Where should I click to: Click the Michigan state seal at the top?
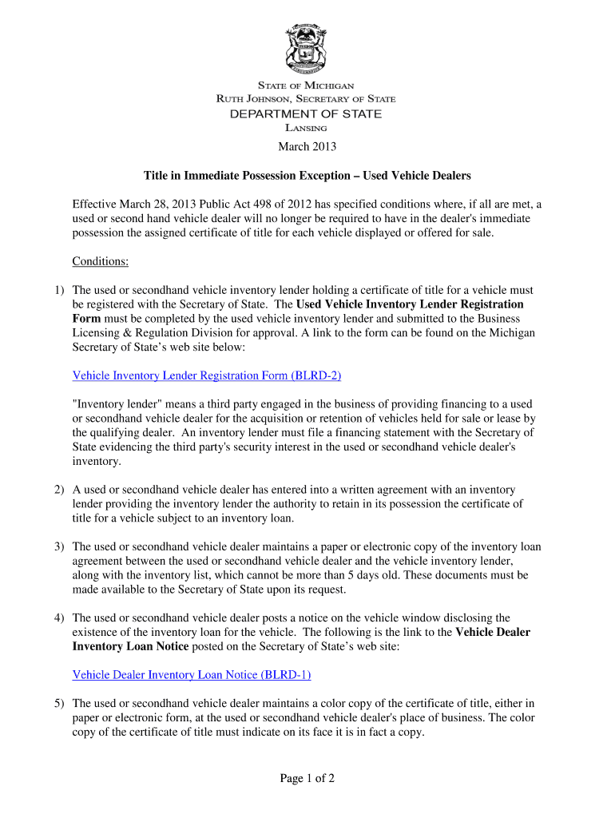[x=307, y=49]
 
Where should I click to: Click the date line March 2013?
[x=307, y=146]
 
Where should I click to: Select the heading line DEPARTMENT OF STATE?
[x=306, y=113]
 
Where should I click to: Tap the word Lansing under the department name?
[x=306, y=128]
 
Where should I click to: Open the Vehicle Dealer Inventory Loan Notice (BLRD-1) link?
[x=192, y=675]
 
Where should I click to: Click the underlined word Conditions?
[x=100, y=262]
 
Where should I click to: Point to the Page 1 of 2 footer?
[x=307, y=779]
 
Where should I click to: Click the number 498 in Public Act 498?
[x=280, y=204]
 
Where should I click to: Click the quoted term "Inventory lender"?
[x=119, y=404]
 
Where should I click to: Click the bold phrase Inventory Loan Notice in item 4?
[x=130, y=646]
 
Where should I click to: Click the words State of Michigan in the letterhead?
[x=306, y=85]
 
